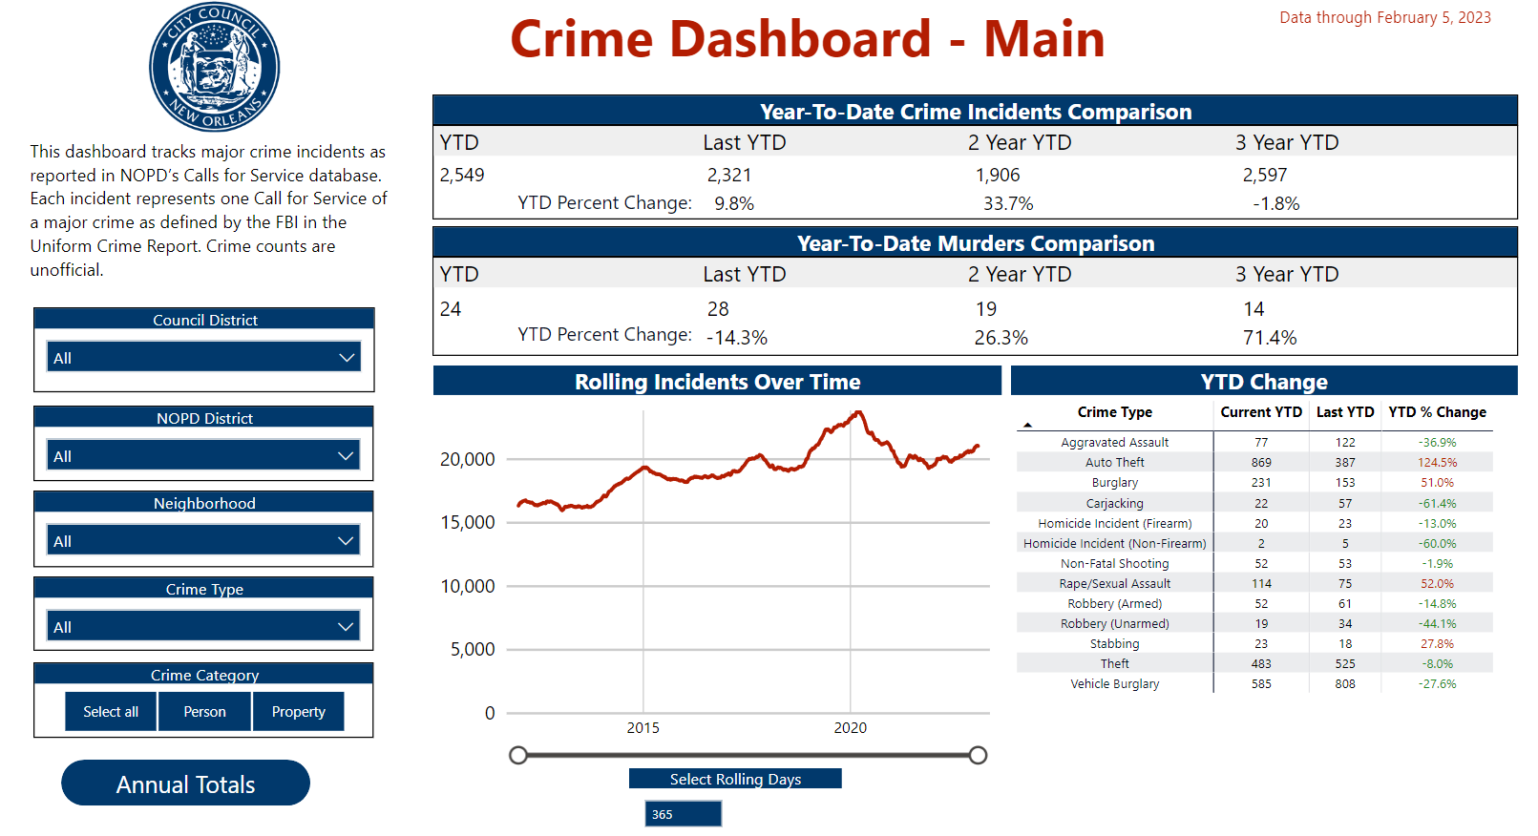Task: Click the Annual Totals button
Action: coord(185,784)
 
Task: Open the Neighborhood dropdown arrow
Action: coord(346,541)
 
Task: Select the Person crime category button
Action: coord(204,712)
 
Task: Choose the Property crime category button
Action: coord(298,712)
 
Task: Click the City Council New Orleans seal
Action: coord(214,67)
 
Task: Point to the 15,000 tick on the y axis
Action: coord(467,523)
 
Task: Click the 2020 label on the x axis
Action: coord(850,728)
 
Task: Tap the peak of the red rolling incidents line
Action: coord(858,412)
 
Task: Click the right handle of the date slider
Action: coord(978,756)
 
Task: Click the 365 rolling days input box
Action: coord(683,814)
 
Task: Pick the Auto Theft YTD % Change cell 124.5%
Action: coord(1437,463)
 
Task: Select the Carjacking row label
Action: coord(1114,504)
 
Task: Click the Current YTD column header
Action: coord(1260,412)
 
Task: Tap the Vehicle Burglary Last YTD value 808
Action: coord(1344,684)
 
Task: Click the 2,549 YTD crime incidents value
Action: coord(462,176)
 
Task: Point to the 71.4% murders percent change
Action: coord(1269,338)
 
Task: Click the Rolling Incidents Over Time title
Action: coord(717,382)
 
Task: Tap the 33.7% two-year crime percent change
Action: coord(1008,204)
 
